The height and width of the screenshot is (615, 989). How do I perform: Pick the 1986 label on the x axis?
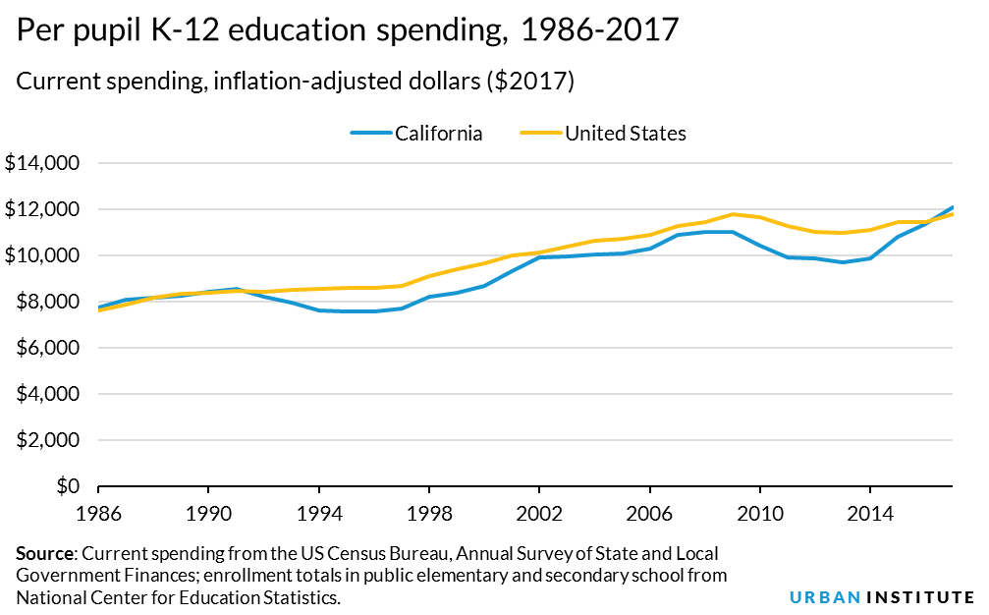(x=98, y=512)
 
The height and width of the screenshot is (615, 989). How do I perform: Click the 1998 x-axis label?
(x=429, y=512)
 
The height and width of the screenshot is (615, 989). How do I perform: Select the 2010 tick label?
(x=759, y=512)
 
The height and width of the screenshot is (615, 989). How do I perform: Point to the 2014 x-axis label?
(x=870, y=512)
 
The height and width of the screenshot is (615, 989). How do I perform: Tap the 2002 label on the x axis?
(x=539, y=512)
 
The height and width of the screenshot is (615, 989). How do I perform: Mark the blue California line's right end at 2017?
(x=953, y=207)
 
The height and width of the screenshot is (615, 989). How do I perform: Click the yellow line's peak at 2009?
(x=733, y=214)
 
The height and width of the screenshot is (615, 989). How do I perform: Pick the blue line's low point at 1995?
(x=347, y=311)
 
